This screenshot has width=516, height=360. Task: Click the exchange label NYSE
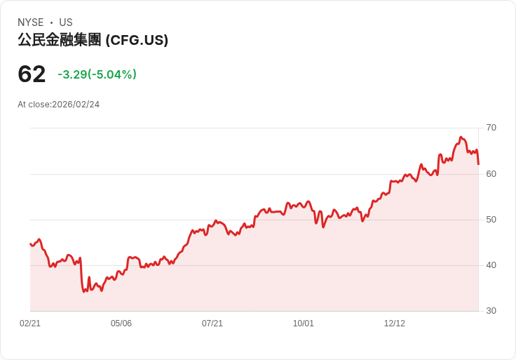pyautogui.click(x=31, y=22)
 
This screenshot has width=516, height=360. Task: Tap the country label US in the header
pyautogui.click(x=66, y=22)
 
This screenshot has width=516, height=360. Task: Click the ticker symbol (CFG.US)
pyautogui.click(x=137, y=41)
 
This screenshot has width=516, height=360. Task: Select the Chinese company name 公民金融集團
pyautogui.click(x=60, y=41)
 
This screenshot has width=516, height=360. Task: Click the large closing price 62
pyautogui.click(x=32, y=74)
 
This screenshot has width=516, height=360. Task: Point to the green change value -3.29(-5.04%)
pyautogui.click(x=97, y=74)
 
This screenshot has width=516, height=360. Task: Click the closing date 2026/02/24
pyautogui.click(x=76, y=105)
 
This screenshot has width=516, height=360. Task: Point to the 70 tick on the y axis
pyautogui.click(x=491, y=128)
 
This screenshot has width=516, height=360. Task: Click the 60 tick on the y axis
pyautogui.click(x=491, y=173)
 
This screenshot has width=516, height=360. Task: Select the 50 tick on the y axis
pyautogui.click(x=491, y=219)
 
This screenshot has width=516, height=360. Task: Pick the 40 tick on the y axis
pyautogui.click(x=491, y=265)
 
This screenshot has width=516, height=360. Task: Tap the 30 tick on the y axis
pyautogui.click(x=491, y=311)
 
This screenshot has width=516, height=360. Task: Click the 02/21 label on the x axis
pyautogui.click(x=30, y=324)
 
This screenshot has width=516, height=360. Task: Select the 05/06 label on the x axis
pyautogui.click(x=121, y=324)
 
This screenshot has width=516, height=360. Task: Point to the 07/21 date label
pyautogui.click(x=212, y=324)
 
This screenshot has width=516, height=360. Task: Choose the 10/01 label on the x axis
pyautogui.click(x=304, y=324)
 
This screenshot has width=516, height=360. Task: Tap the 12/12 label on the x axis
pyautogui.click(x=395, y=324)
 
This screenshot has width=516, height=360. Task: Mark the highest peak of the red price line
pyautogui.click(x=461, y=137)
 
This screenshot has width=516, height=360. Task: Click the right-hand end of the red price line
pyautogui.click(x=478, y=164)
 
